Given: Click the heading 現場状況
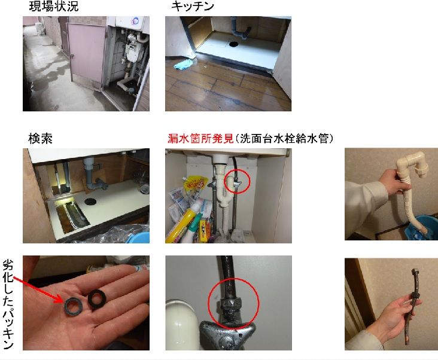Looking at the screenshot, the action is tap(54, 6).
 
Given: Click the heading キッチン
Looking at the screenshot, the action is tap(193, 6).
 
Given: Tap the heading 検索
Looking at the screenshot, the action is tap(41, 139).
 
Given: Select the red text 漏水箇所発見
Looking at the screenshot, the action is tap(200, 138).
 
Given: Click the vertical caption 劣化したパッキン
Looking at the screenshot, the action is tap(8, 304).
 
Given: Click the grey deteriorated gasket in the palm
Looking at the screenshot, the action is tap(73, 306).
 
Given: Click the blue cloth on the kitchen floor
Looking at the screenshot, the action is tap(183, 64).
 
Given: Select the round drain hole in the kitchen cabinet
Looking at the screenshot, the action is tap(234, 44).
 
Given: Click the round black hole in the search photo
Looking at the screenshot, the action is tap(90, 201).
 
